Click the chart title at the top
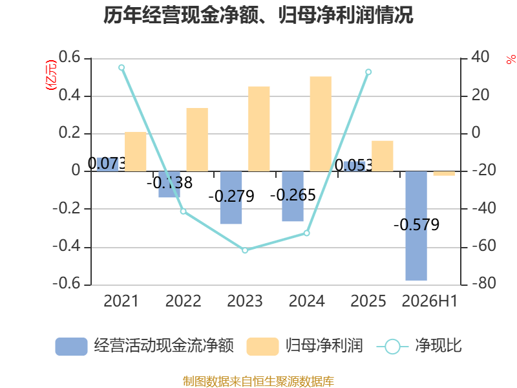(x=258, y=15)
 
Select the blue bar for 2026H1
(x=416, y=226)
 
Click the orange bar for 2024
(x=321, y=124)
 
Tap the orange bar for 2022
(x=197, y=140)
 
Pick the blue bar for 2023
(x=231, y=198)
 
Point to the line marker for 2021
(x=121, y=68)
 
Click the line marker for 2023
(x=245, y=250)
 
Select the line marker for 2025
(x=368, y=72)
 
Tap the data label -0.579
(x=416, y=225)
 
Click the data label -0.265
(x=293, y=195)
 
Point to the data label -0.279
(x=231, y=197)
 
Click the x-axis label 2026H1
(x=430, y=301)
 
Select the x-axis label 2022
(x=183, y=301)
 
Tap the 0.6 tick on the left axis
(x=70, y=57)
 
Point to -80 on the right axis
(x=484, y=283)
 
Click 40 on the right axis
(x=480, y=57)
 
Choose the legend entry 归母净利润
(x=304, y=346)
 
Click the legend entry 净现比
(x=419, y=346)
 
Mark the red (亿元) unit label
(x=51, y=75)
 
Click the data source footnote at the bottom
(x=258, y=382)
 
